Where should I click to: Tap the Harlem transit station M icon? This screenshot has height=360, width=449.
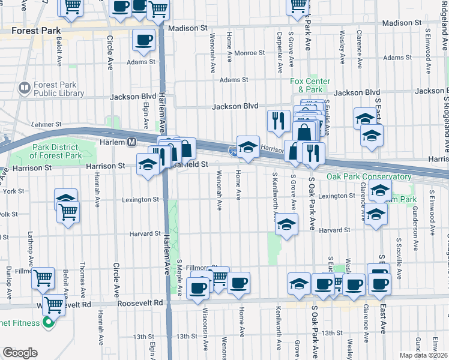[131, 142]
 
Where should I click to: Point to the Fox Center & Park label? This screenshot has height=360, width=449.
[310, 85]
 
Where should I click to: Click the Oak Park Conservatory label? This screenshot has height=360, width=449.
[369, 177]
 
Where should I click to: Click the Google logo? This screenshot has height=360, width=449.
[20, 353]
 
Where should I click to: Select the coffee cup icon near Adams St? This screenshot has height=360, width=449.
[143, 40]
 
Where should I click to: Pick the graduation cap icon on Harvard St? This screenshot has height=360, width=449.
[286, 225]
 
